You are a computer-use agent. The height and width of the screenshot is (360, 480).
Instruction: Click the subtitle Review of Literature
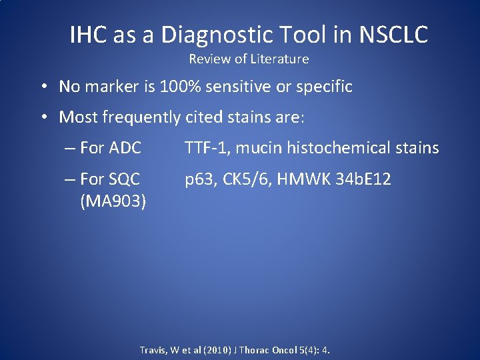coord(249,59)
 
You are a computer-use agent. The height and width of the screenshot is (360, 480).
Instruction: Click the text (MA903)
coord(113,201)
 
